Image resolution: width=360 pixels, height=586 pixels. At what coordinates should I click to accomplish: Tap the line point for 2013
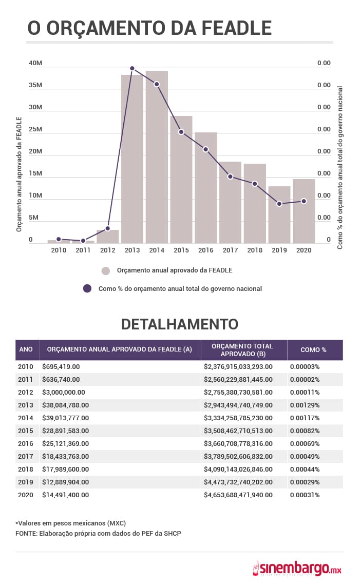pos(132,68)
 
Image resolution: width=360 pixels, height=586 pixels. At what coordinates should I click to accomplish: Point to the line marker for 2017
pos(230,177)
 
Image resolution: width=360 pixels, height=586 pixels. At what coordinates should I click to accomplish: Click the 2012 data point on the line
pos(107,228)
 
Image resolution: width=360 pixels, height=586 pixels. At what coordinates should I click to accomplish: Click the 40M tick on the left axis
pos(35,63)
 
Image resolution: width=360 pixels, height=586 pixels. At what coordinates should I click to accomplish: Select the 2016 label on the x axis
pos(205,250)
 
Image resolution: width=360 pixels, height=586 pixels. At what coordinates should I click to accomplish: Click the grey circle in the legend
pos(106,271)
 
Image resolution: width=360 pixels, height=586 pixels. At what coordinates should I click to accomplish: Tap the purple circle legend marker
pos(87,288)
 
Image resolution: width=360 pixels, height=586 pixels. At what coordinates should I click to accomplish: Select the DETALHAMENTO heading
pos(180,324)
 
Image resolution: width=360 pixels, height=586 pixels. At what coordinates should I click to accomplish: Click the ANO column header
pos(26,349)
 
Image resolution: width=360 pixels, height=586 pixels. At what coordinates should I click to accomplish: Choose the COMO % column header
pos(314,349)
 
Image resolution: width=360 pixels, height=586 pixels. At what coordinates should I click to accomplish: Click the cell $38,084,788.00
pos(68,405)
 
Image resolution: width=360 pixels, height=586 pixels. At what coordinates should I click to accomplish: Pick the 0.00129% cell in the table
pos(305,405)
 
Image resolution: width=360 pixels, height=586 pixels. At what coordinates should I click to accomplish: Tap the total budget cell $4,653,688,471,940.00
pos(238,495)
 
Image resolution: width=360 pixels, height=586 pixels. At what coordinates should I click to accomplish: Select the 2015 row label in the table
pos(26,431)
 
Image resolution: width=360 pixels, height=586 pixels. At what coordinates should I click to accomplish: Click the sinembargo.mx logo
pos(297,568)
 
